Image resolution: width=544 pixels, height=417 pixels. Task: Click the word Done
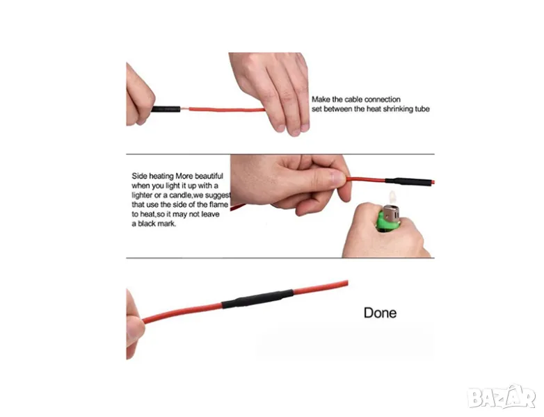(380, 313)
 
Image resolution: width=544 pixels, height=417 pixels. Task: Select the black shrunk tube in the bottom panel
(258, 299)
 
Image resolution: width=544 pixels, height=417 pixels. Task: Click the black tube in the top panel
(166, 109)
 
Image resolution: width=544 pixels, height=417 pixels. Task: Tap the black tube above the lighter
(409, 181)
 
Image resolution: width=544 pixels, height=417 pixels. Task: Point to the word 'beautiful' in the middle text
(209, 176)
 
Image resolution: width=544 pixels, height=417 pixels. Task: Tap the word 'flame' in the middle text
(218, 204)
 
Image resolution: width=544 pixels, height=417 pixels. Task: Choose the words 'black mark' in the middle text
(157, 224)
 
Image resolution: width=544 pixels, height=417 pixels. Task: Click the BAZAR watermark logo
(502, 398)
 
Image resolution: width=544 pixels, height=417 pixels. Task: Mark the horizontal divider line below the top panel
(280, 154)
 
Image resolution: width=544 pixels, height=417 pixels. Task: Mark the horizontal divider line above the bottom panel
(280, 258)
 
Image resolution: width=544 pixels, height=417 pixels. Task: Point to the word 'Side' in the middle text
(139, 176)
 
